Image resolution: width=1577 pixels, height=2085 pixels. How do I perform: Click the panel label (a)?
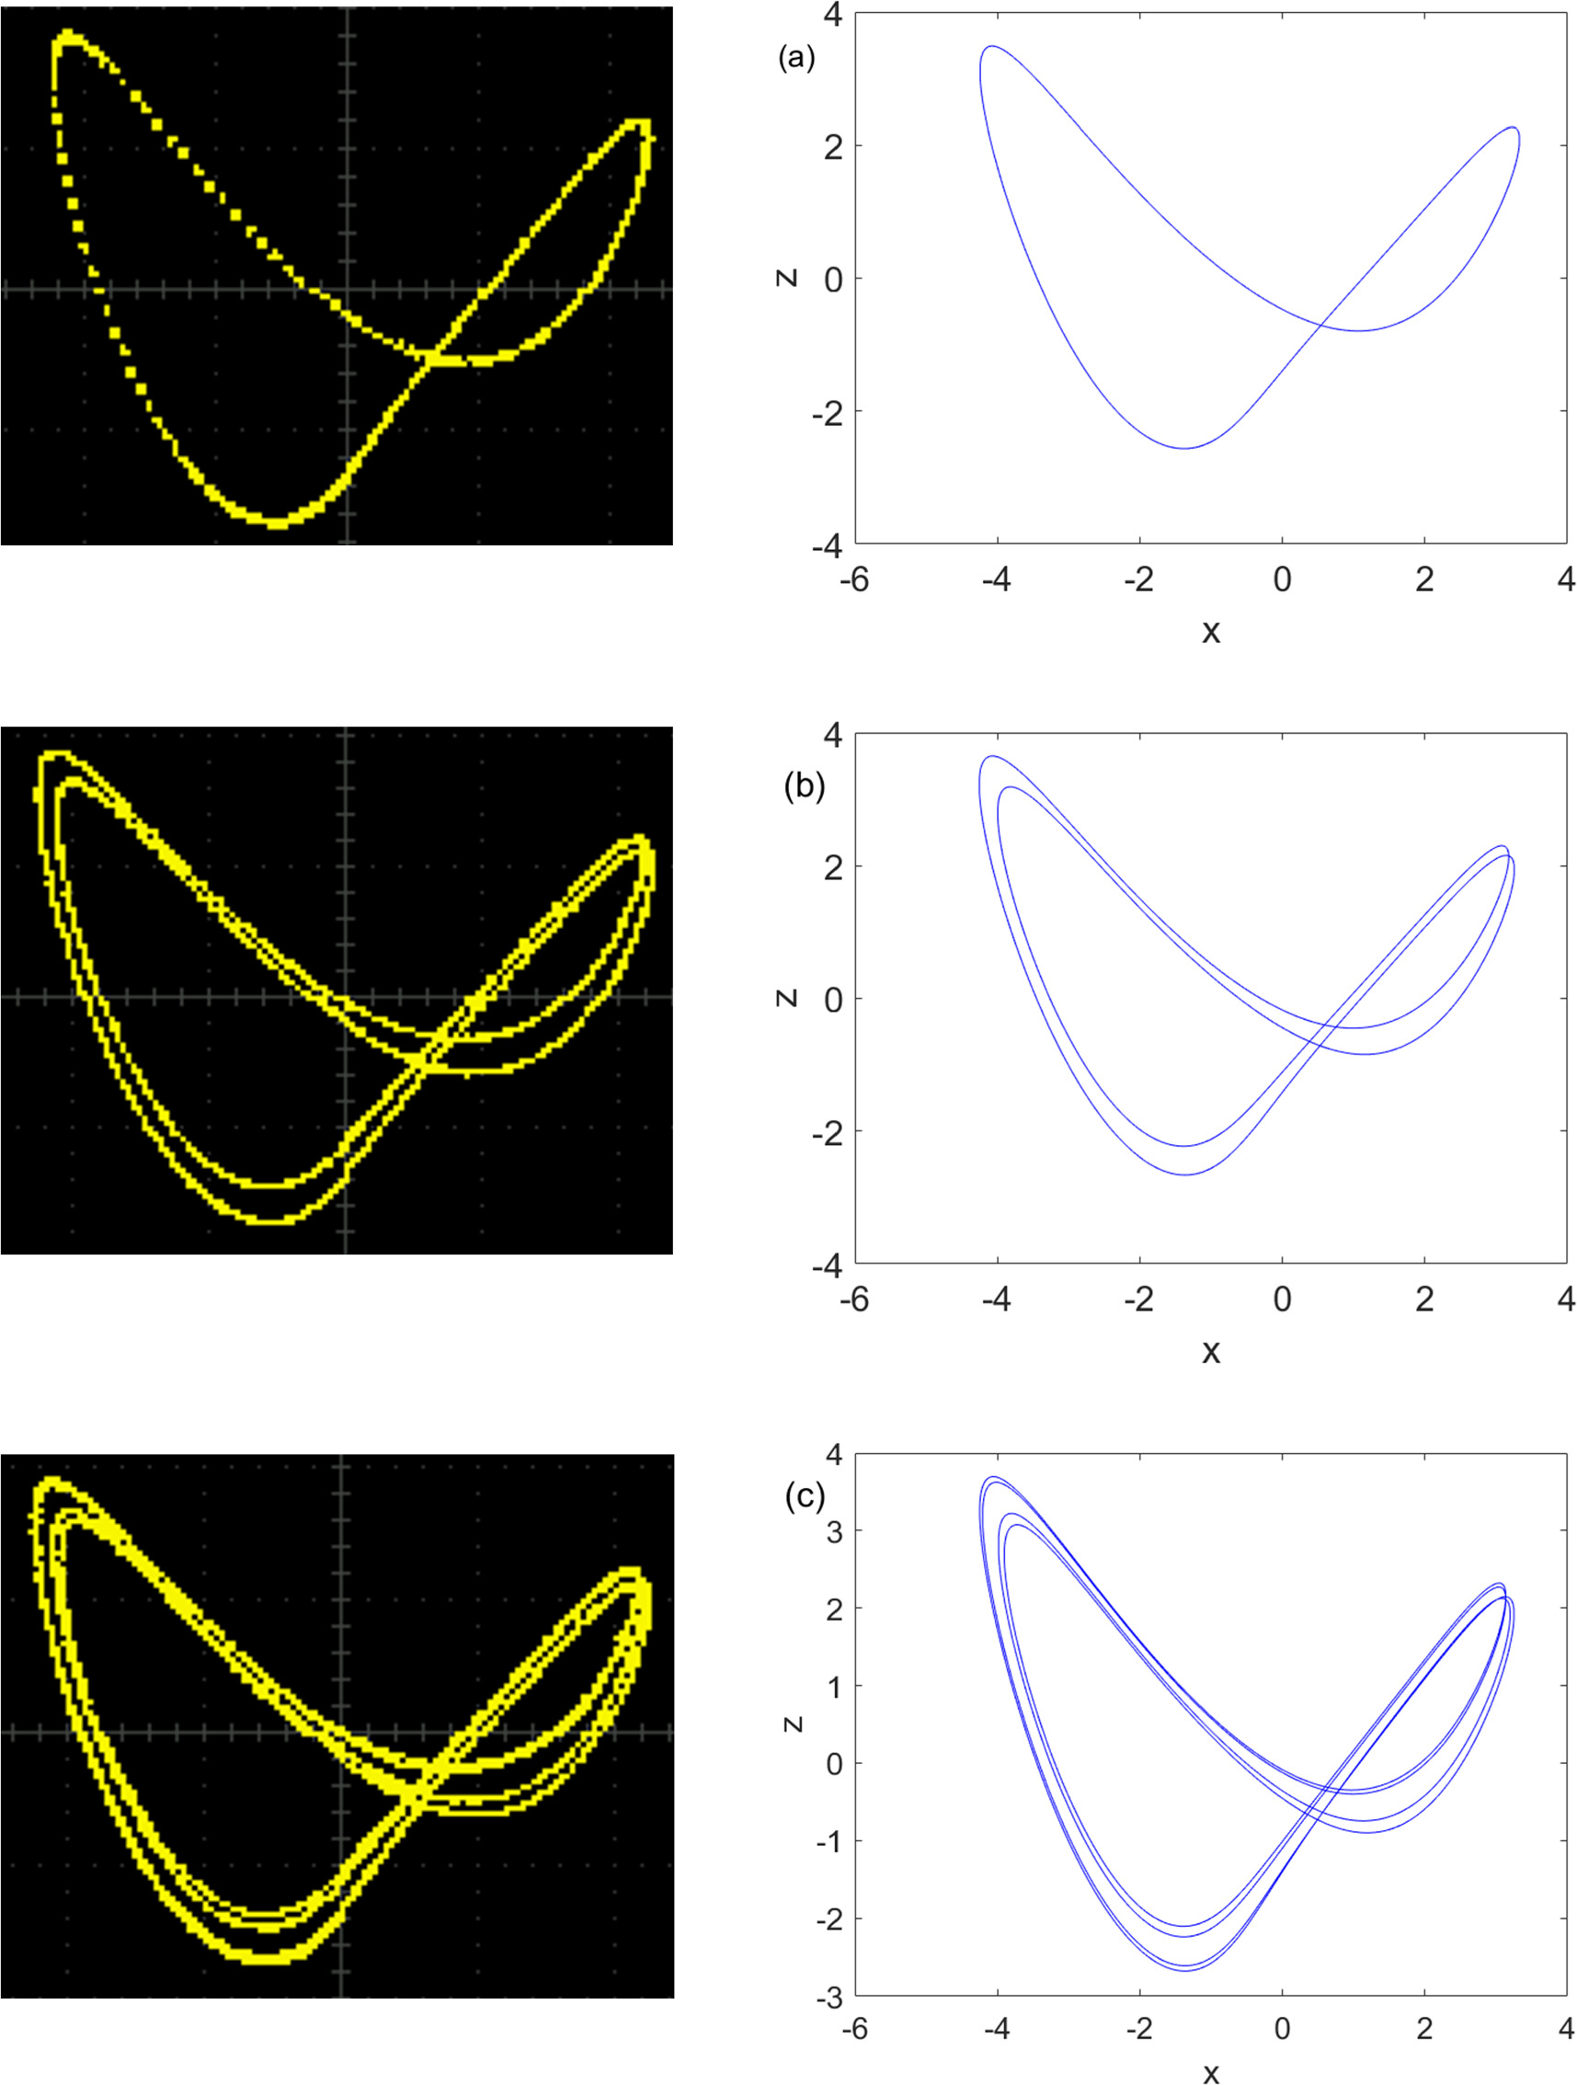click(x=795, y=59)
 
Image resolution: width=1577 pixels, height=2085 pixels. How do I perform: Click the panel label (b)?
click(x=804, y=786)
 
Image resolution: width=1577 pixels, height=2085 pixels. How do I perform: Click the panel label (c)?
click(x=804, y=1495)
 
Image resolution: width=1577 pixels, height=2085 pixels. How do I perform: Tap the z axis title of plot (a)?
click(x=788, y=277)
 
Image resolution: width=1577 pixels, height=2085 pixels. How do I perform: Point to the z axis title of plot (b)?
click(x=788, y=997)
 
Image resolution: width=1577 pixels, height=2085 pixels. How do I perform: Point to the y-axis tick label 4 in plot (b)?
click(x=834, y=734)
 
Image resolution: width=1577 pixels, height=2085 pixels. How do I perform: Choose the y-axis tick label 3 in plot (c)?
click(x=834, y=1530)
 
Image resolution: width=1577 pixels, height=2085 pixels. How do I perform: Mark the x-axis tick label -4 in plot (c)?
click(x=997, y=2027)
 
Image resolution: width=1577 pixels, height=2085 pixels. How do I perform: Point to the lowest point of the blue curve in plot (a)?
click(x=1185, y=448)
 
